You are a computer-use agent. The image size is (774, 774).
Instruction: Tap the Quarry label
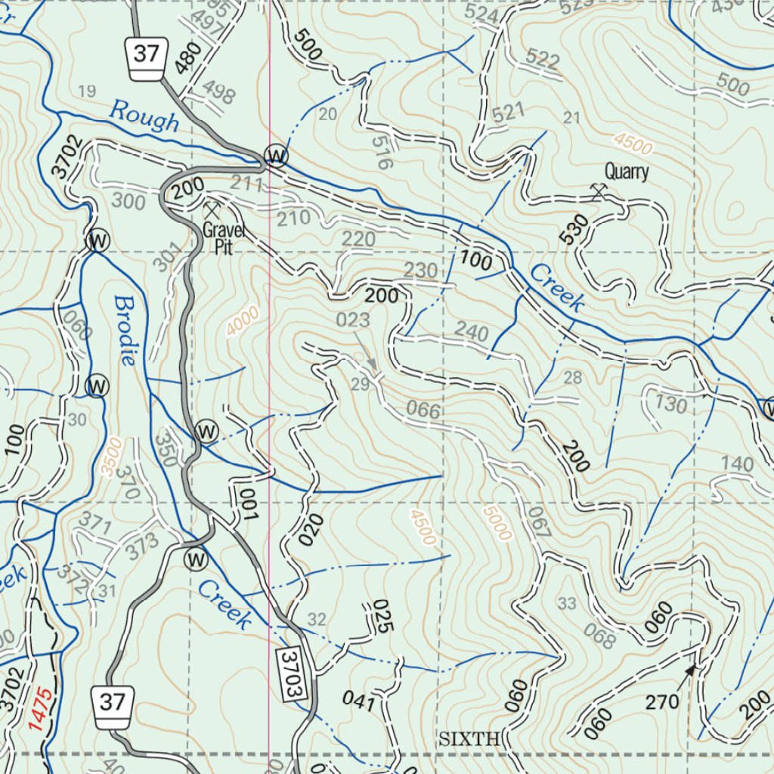tap(627, 172)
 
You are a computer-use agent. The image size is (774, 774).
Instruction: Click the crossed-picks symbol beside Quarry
tap(599, 192)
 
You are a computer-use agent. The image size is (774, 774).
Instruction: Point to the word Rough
tap(144, 117)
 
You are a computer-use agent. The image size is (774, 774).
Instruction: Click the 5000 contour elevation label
tap(497, 523)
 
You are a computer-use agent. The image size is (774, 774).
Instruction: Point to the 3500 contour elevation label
tap(109, 458)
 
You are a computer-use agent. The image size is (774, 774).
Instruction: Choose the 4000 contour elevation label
tap(243, 321)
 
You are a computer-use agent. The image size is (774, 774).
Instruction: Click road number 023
tap(353, 320)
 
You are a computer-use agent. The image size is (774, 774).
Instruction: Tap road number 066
tap(423, 412)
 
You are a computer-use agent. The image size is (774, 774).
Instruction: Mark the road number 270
tap(662, 703)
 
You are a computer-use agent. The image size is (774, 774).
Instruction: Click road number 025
tap(382, 616)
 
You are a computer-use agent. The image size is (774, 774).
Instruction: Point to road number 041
tap(358, 701)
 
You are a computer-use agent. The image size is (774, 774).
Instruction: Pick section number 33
tap(567, 603)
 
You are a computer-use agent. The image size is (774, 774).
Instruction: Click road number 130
tap(671, 404)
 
